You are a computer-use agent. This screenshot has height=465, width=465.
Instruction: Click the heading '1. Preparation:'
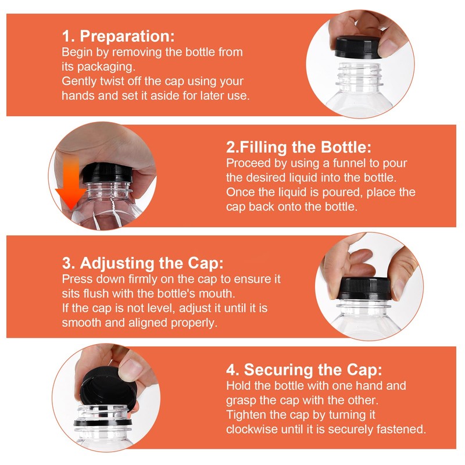click(119, 36)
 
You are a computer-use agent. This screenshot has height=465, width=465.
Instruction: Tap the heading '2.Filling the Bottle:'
click(299, 147)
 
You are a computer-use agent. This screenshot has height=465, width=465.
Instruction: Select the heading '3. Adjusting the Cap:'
click(142, 263)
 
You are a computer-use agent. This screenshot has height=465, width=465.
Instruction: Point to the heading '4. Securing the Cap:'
click(304, 370)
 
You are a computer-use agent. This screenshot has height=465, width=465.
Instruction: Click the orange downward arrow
click(71, 183)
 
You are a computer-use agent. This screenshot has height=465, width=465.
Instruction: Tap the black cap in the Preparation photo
click(357, 47)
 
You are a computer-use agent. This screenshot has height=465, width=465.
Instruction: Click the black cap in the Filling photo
click(108, 173)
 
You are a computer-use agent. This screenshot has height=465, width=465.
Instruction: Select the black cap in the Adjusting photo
click(364, 288)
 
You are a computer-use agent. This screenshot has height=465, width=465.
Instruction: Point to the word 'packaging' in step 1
click(106, 67)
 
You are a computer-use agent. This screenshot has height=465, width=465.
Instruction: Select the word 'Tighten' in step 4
click(245, 414)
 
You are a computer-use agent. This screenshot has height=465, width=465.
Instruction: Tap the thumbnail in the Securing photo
click(130, 369)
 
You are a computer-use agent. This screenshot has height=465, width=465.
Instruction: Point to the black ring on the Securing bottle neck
click(103, 422)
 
